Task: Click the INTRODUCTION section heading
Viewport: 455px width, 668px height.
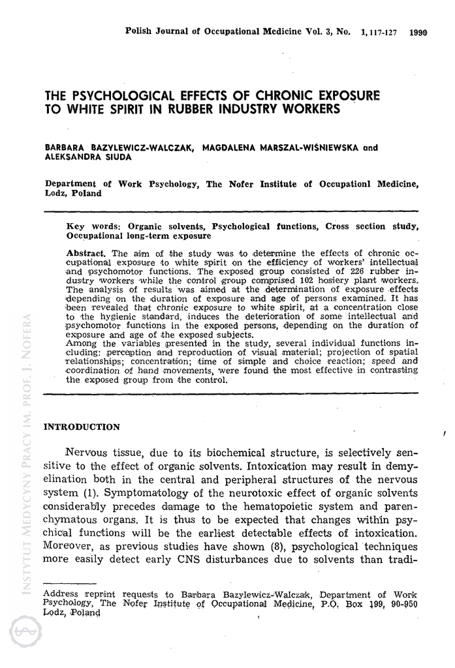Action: click(82, 427)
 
